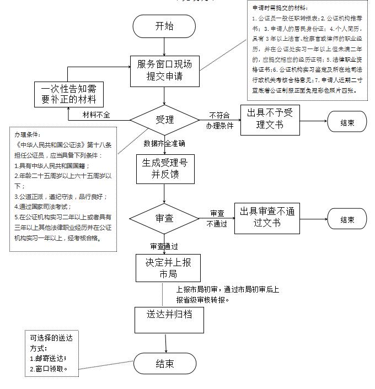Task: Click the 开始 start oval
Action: (x=164, y=26)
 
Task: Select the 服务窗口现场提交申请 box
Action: (x=164, y=71)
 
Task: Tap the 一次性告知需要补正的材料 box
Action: (x=69, y=94)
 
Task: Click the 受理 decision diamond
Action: (x=164, y=120)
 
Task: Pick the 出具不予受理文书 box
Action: (x=270, y=119)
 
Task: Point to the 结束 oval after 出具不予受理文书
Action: (x=347, y=122)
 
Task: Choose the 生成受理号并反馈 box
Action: (x=164, y=169)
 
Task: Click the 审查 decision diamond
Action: (x=164, y=218)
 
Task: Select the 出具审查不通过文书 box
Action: (x=267, y=217)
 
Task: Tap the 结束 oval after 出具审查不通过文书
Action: (x=347, y=219)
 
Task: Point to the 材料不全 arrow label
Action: (x=97, y=115)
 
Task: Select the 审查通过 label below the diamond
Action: (x=164, y=246)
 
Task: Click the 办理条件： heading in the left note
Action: (x=28, y=134)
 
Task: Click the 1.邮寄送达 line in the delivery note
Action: (x=49, y=358)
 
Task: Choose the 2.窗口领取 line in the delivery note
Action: (x=49, y=369)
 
